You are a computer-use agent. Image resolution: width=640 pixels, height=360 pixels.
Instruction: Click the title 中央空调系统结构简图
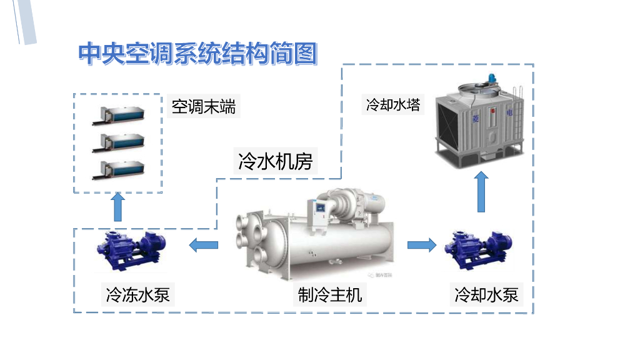click(x=197, y=54)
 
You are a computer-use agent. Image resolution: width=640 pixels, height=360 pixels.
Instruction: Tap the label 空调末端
click(x=204, y=107)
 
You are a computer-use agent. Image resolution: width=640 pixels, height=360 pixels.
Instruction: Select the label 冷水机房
click(x=275, y=162)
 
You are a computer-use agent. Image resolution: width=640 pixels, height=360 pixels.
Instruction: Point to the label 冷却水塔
click(x=393, y=104)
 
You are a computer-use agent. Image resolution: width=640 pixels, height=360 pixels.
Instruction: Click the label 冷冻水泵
click(x=138, y=294)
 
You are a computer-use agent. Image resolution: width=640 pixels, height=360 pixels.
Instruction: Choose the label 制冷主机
click(x=329, y=294)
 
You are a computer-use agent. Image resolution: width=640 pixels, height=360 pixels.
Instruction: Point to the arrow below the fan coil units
click(x=117, y=207)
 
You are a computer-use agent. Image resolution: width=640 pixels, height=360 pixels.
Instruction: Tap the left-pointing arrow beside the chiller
click(x=204, y=244)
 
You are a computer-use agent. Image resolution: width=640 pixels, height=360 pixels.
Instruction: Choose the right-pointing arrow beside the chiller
click(x=422, y=244)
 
